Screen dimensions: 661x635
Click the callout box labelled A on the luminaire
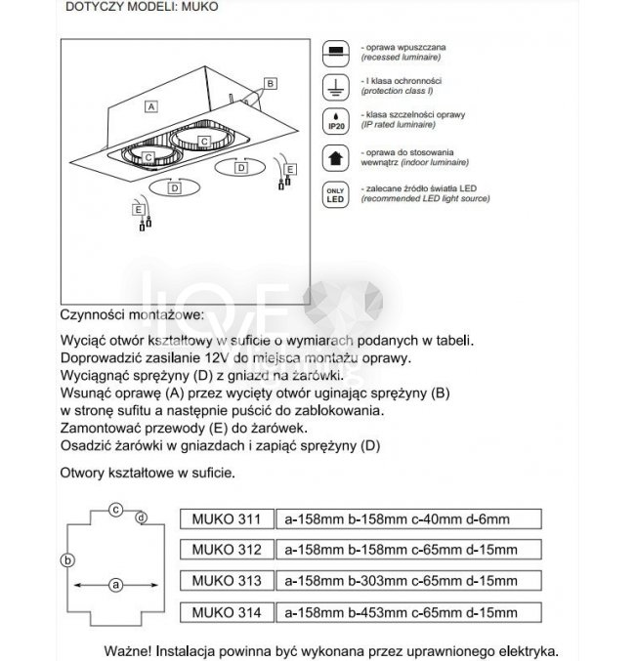(x=150, y=103)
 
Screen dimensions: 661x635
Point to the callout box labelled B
(x=271, y=84)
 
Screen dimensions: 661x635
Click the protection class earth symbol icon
(x=334, y=86)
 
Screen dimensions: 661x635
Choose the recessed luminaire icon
(x=334, y=51)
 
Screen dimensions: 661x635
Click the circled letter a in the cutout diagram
(x=115, y=585)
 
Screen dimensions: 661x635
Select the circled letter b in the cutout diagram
(x=66, y=559)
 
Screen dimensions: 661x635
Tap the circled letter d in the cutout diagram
(x=142, y=516)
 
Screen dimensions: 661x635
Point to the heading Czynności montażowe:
(x=132, y=315)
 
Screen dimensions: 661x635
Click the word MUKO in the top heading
(x=198, y=5)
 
